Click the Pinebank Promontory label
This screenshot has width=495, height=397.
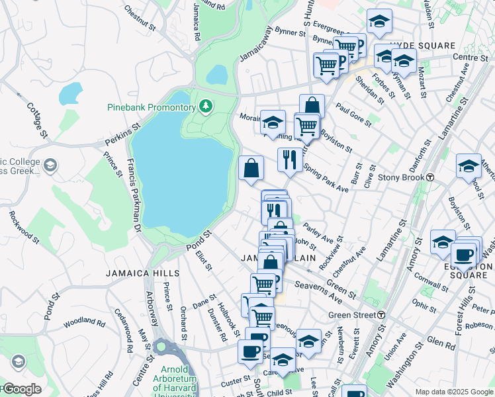[152, 107]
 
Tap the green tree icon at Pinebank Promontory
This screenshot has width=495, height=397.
[206, 106]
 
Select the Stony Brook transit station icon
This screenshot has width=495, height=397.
[430, 177]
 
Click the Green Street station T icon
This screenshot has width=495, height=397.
[381, 315]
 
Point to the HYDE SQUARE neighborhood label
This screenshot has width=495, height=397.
[423, 46]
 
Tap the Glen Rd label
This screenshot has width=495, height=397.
[441, 344]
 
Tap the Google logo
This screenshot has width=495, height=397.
[22, 388]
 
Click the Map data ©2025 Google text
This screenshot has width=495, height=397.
[453, 392]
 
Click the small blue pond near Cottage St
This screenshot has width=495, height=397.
[69, 94]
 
